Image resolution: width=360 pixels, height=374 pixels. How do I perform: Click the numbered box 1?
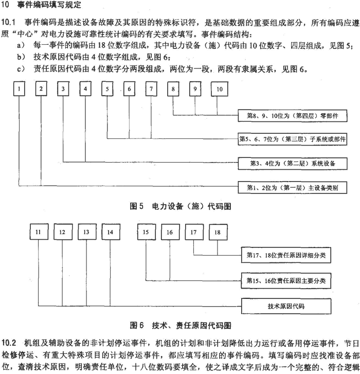pyautogui.click(x=19, y=88)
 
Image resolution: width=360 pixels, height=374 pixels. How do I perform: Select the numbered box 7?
pyautogui.click(x=151, y=88)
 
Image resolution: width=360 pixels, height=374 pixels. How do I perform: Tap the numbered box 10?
pyautogui.click(x=219, y=89)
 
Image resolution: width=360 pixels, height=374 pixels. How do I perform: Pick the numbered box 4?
pyautogui.click(x=85, y=88)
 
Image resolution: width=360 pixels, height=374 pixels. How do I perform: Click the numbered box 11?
pyautogui.click(x=39, y=232)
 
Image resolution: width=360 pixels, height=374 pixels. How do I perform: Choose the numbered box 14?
pyautogui.click(x=111, y=232)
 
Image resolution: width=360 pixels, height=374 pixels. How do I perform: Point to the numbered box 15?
pyautogui.click(x=147, y=232)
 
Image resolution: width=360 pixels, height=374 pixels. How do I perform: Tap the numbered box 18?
pyautogui.click(x=218, y=232)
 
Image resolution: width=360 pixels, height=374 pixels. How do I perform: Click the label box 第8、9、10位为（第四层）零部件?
pyautogui.click(x=293, y=116)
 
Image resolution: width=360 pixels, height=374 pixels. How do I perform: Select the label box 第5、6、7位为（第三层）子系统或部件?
pyautogui.click(x=293, y=139)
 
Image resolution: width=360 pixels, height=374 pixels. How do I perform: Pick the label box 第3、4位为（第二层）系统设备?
pyautogui.click(x=293, y=164)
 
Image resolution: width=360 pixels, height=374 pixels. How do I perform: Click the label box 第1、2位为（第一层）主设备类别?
pyautogui.click(x=293, y=188)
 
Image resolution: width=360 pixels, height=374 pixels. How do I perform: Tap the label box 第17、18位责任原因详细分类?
pyautogui.click(x=286, y=255)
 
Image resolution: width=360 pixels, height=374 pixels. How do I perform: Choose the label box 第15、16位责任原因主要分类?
pyautogui.click(x=286, y=281)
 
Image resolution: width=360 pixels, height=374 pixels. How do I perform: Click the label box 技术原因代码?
pyautogui.click(x=286, y=306)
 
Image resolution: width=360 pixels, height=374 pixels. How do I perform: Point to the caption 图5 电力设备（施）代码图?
pyautogui.click(x=181, y=206)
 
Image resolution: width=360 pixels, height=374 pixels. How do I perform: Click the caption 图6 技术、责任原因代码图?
pyautogui.click(x=181, y=325)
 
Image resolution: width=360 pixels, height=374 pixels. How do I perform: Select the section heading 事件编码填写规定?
pyautogui.click(x=49, y=5)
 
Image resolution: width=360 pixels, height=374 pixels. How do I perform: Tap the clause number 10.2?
pyautogui.click(x=9, y=343)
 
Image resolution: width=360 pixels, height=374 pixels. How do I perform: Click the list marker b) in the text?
pyautogui.click(x=21, y=57)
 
